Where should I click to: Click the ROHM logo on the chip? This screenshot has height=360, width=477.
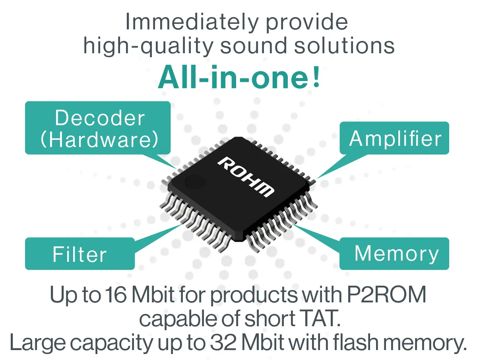(x=246, y=177)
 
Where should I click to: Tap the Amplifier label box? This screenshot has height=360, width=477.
(x=394, y=138)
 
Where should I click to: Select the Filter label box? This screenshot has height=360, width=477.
(x=80, y=254)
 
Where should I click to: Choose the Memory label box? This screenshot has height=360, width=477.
(x=394, y=254)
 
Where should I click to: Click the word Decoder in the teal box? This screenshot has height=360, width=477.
(x=100, y=118)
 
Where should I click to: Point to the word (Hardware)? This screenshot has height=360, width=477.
(x=99, y=139)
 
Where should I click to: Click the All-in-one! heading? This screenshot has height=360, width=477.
(x=239, y=77)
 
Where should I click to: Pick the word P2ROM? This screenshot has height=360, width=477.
(x=386, y=295)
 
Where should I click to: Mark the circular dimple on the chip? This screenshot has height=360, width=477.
(x=195, y=182)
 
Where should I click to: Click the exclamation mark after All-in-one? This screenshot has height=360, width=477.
(x=316, y=77)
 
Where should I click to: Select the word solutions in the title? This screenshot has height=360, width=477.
(x=344, y=45)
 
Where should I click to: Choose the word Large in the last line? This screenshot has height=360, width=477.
(x=38, y=343)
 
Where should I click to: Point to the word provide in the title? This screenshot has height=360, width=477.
(x=306, y=23)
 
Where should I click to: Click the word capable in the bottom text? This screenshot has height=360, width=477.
(x=178, y=319)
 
